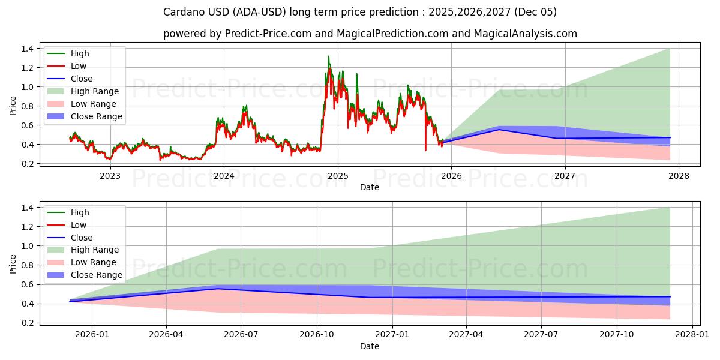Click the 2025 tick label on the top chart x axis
click(337, 176)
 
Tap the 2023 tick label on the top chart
click(109, 176)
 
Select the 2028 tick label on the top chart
click(679, 176)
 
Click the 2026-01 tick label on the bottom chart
click(92, 335)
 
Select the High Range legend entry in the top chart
click(95, 91)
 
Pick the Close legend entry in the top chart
click(82, 79)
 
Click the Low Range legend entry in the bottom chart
click(94, 262)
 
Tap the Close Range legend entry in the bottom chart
click(96, 275)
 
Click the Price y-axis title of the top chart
click(13, 106)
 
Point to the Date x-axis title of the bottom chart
click(370, 346)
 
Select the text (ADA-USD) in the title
click(230, 12)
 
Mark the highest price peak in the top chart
click(328, 56)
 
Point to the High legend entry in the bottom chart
click(80, 212)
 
